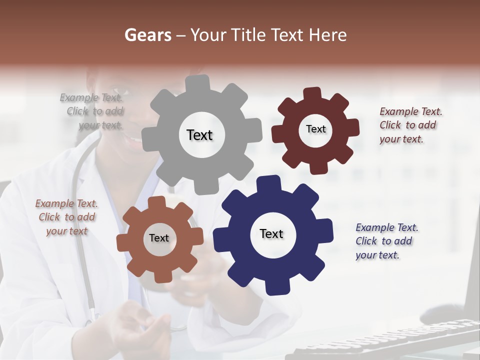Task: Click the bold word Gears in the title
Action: click(148, 35)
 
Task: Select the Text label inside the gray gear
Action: click(199, 135)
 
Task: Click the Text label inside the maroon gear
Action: click(315, 129)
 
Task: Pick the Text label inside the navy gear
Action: click(271, 234)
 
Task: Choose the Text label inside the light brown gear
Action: click(159, 238)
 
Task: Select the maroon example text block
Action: click(410, 125)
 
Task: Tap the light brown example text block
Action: click(66, 217)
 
